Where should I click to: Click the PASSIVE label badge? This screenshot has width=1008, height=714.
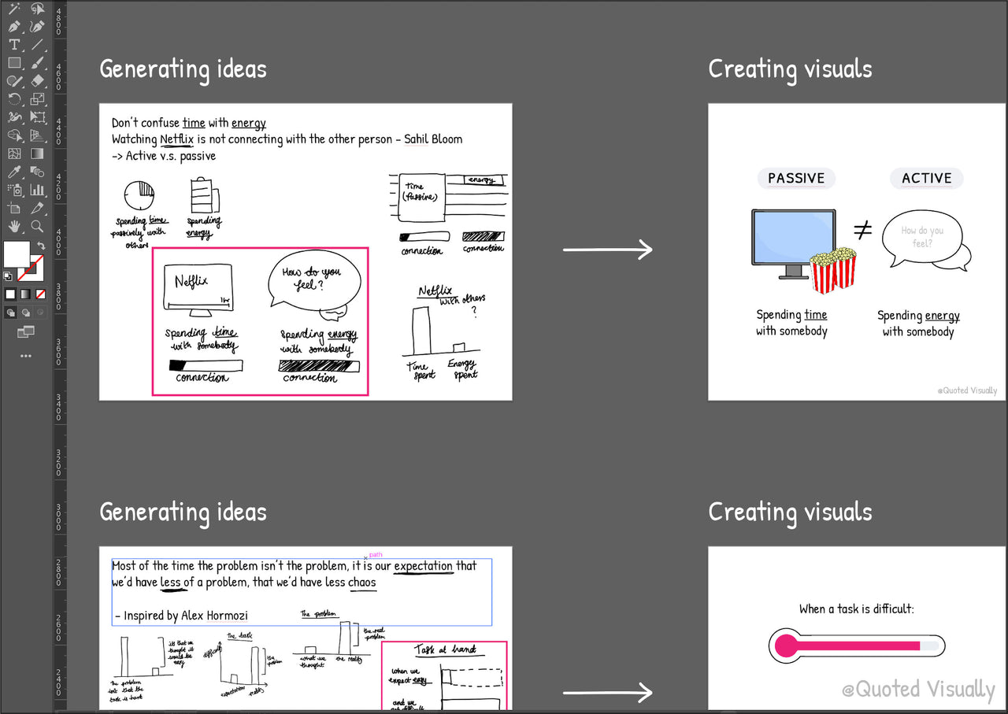tap(796, 178)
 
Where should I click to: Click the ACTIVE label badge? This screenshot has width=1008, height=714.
tap(926, 178)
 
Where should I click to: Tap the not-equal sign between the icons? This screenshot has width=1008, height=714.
tap(863, 231)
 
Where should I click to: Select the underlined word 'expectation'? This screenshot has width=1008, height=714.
tap(423, 566)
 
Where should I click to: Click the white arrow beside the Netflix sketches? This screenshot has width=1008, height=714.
tap(607, 250)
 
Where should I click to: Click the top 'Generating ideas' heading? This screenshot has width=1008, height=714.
tap(183, 69)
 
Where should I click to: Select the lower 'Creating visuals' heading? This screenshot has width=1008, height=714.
tap(790, 512)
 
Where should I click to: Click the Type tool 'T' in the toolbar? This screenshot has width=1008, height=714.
tap(14, 45)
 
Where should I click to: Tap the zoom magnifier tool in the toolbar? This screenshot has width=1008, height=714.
tap(37, 226)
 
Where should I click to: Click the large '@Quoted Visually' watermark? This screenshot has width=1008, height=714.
tap(918, 690)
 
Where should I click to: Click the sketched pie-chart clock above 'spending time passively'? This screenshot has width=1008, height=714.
tap(139, 194)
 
